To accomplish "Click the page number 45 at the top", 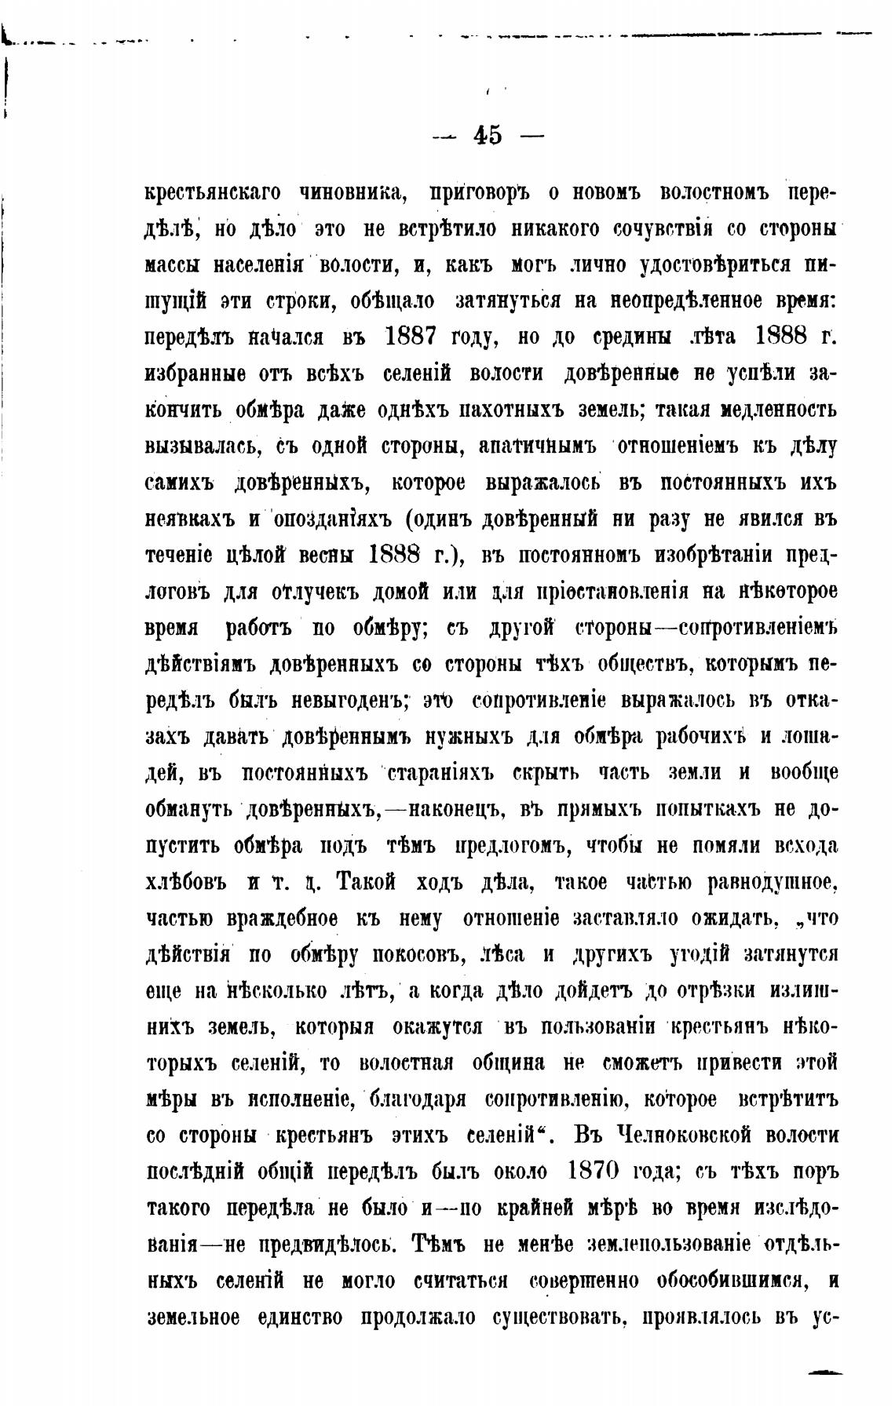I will coord(487,136).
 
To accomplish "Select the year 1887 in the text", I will coord(422,337).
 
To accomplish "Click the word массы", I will coord(173,266).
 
